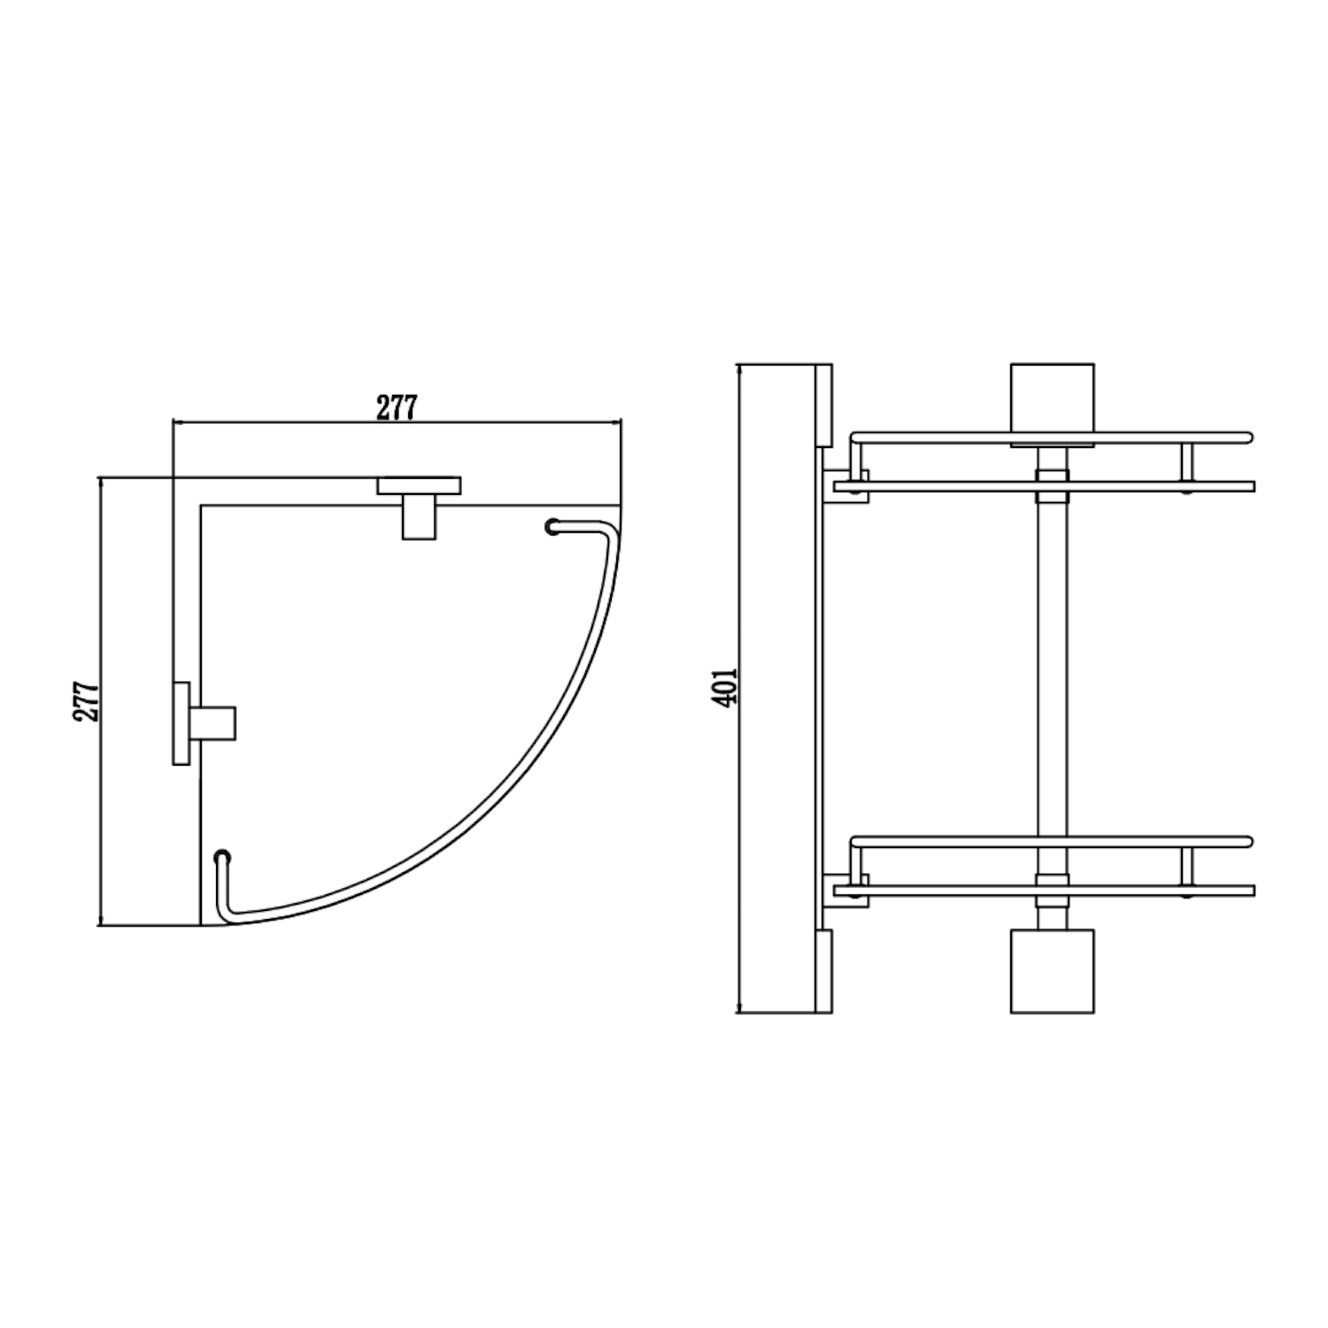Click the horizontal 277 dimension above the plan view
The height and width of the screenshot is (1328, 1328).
tap(396, 408)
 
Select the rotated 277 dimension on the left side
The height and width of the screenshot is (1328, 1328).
tap(87, 701)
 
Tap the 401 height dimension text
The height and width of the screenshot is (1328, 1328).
tap(726, 686)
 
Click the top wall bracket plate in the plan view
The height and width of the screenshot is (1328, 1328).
tap(419, 486)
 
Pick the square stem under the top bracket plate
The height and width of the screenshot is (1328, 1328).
tap(419, 517)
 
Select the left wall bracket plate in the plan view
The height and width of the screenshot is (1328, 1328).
tap(181, 723)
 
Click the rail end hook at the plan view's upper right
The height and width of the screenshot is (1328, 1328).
tap(554, 528)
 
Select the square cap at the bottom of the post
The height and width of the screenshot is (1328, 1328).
tap(1052, 970)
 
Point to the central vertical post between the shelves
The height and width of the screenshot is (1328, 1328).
tap(1052, 682)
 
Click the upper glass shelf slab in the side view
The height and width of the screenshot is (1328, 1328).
tap(1045, 486)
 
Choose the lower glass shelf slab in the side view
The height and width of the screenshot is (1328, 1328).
tap(1045, 890)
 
